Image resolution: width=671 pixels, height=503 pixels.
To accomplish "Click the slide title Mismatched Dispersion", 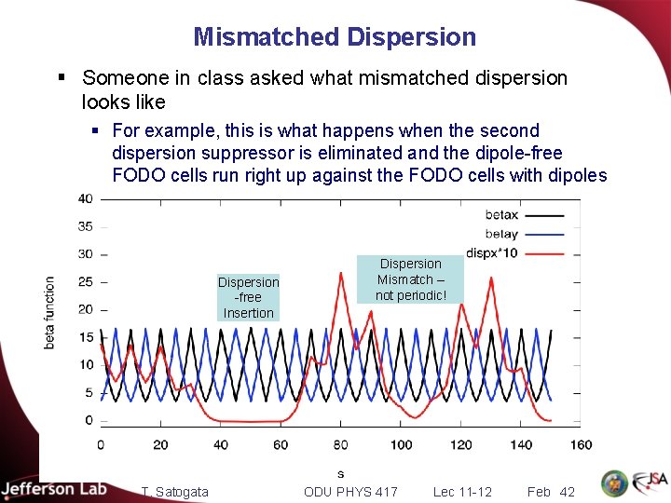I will point(335,37).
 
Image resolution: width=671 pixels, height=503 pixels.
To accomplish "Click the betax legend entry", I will point(503,214).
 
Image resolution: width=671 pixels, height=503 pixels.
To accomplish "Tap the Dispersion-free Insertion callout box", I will point(248,297).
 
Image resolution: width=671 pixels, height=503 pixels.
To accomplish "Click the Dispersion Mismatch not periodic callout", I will point(410,279).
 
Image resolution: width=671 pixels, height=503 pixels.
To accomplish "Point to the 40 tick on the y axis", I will point(85,198).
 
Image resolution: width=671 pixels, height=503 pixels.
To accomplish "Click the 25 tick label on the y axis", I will point(85,281).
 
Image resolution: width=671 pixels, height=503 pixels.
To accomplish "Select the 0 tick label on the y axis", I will point(89,420).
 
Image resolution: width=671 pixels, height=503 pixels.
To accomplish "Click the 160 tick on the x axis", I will point(581,444).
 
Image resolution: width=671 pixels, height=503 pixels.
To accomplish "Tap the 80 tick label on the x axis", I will point(340,444).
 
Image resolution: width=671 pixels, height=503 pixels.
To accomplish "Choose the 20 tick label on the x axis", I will point(160,444).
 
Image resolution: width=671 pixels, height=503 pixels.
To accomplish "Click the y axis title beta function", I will point(50,312).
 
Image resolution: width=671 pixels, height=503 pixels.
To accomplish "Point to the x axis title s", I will point(340,473).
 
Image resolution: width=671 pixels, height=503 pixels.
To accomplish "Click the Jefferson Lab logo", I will point(54,489).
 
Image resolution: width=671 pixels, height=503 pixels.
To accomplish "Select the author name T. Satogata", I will point(174,492).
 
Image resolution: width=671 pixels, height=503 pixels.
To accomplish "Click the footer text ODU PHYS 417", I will point(350,492).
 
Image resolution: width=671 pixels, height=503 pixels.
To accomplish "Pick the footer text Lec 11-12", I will point(462,492).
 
